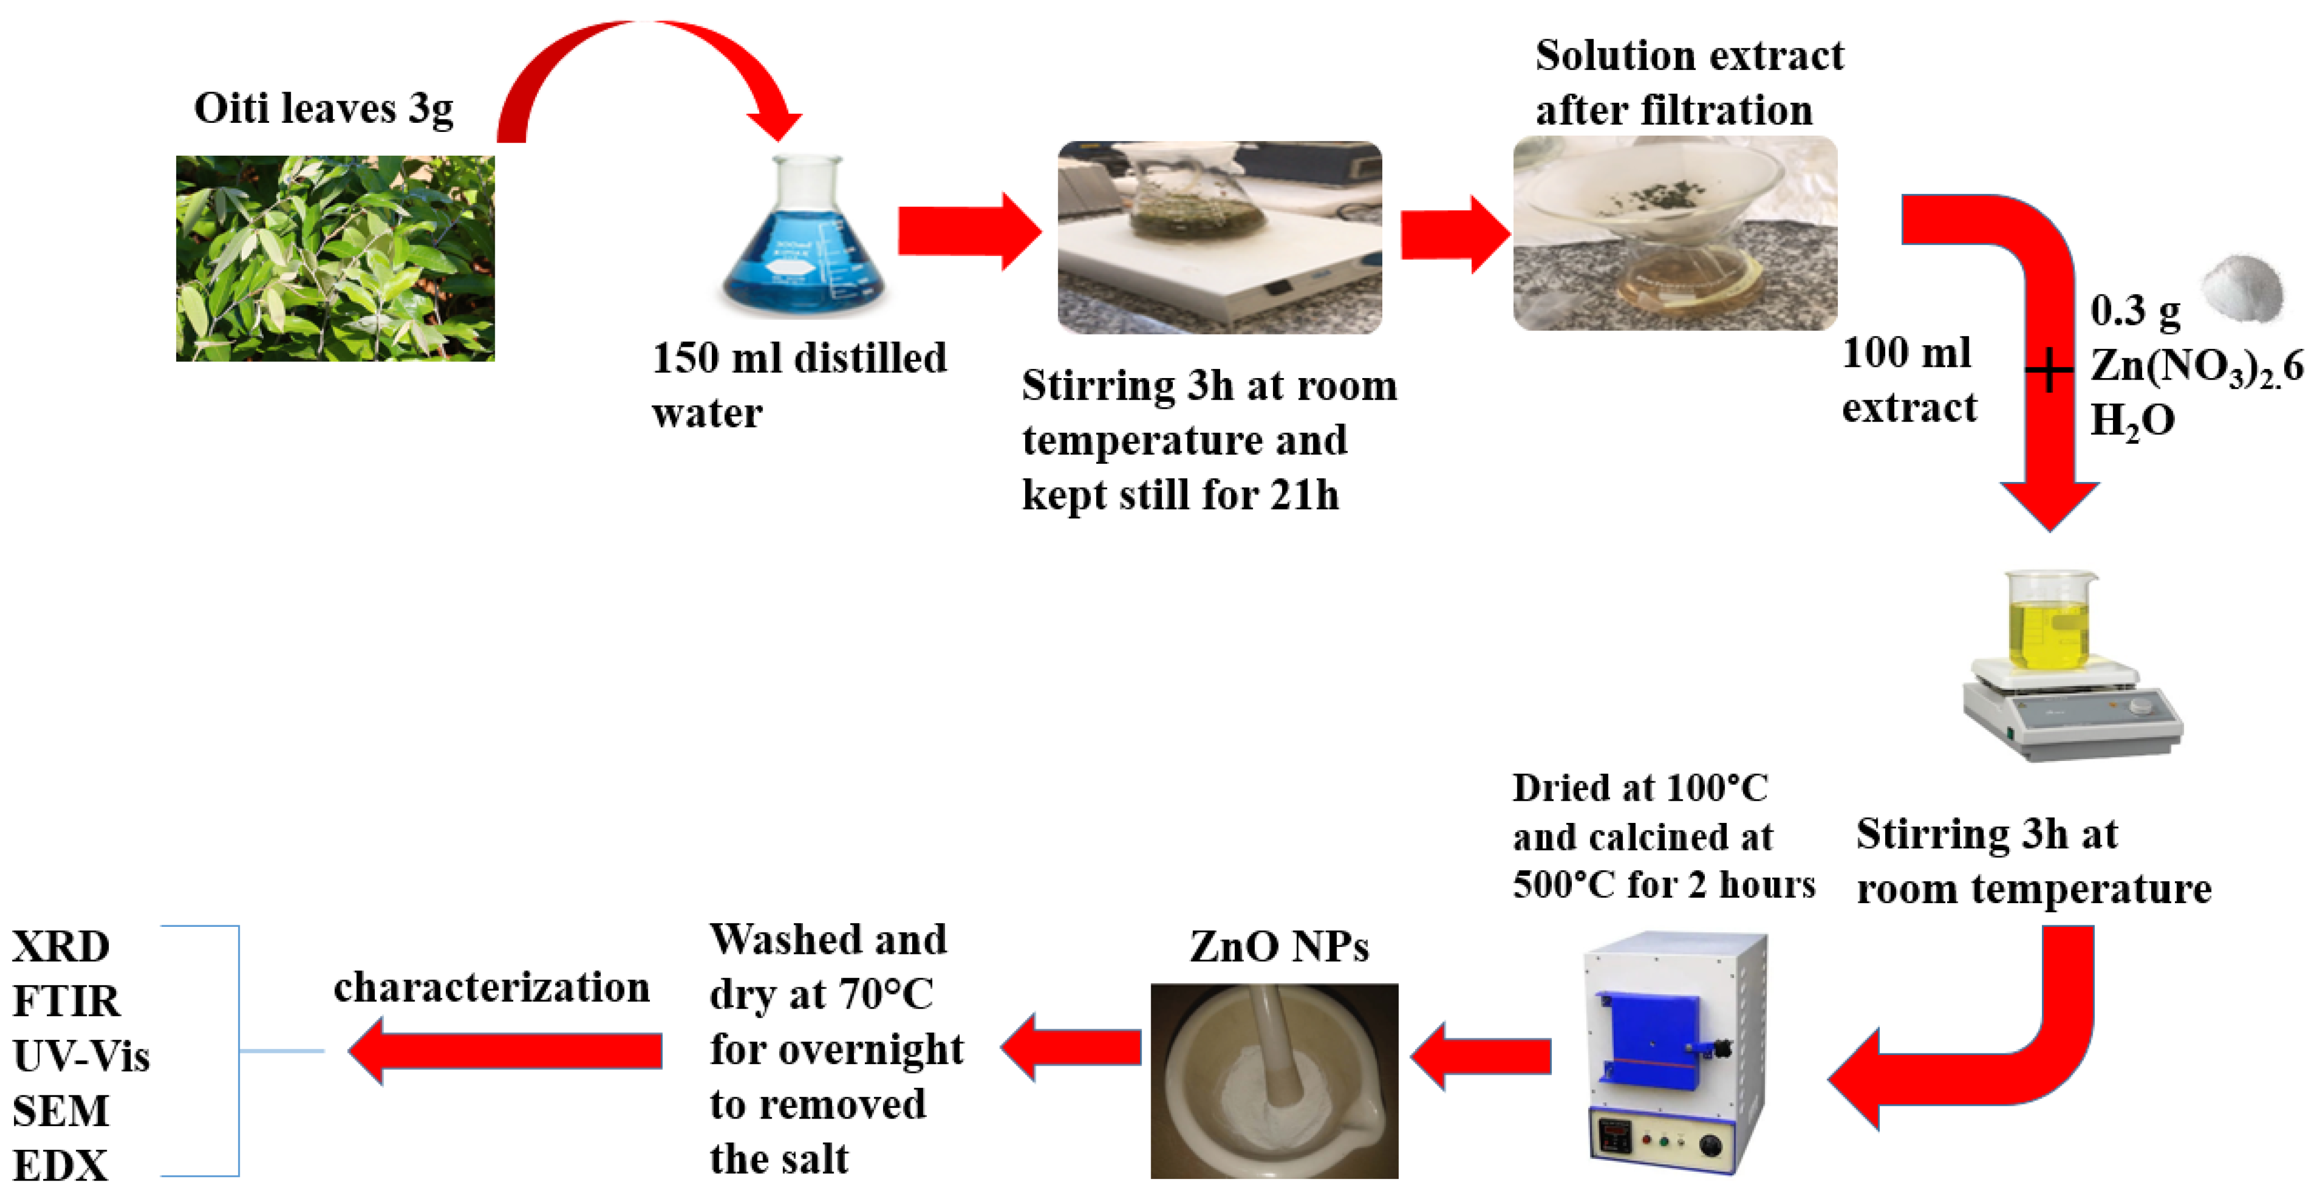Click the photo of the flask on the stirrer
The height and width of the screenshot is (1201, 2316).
[x=1219, y=238]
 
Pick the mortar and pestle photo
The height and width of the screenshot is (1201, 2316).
[x=1274, y=1080]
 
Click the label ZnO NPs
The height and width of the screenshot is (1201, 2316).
[x=1278, y=947]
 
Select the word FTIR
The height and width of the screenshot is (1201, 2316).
[x=66, y=1001]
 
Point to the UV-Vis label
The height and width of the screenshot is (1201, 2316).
[x=81, y=1056]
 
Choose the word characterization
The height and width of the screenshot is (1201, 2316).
[x=491, y=987]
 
